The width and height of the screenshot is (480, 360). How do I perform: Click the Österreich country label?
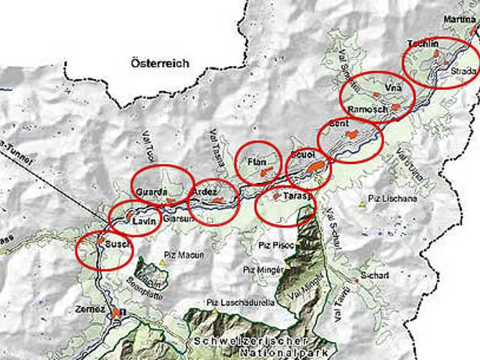pyautogui.click(x=160, y=63)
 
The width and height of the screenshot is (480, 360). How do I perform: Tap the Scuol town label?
pyautogui.click(x=302, y=156)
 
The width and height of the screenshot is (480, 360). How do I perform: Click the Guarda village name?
pyautogui.click(x=151, y=191)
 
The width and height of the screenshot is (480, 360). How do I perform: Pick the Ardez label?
pyautogui.click(x=205, y=192)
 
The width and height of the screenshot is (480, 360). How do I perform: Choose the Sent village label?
pyautogui.click(x=339, y=124)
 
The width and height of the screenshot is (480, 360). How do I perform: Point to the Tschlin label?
pyautogui.click(x=423, y=44)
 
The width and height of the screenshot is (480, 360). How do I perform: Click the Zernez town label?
pyautogui.click(x=90, y=310)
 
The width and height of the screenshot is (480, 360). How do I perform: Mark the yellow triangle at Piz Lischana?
pyautogui.click(x=361, y=204)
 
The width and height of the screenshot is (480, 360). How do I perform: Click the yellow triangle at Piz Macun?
pyautogui.click(x=162, y=263)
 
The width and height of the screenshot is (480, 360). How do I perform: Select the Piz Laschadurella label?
pyautogui.click(x=240, y=303)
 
